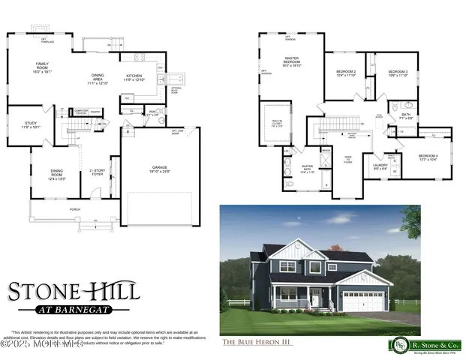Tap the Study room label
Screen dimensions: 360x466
(x=30, y=125)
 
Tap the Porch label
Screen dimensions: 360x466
(x=74, y=209)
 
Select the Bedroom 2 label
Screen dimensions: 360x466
(x=345, y=73)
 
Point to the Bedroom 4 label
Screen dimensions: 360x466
(x=427, y=157)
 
